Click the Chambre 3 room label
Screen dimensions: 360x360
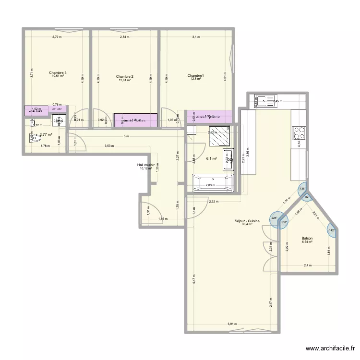click(x=58, y=73)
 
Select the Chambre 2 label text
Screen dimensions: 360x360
click(x=125, y=77)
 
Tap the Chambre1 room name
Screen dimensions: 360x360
click(x=196, y=75)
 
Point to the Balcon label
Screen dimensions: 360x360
click(x=307, y=238)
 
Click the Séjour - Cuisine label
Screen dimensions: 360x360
click(x=247, y=221)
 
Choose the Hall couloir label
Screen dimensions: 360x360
click(x=146, y=165)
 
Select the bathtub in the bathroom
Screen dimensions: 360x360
click(x=212, y=183)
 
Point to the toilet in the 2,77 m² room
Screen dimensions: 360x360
click(x=33, y=137)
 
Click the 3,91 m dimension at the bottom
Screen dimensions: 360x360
click(x=232, y=324)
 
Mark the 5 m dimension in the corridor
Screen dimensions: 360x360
click(x=126, y=137)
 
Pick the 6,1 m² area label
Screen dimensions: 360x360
click(x=211, y=159)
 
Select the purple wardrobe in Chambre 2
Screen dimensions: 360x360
click(x=136, y=120)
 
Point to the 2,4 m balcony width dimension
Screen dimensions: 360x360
click(x=307, y=265)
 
